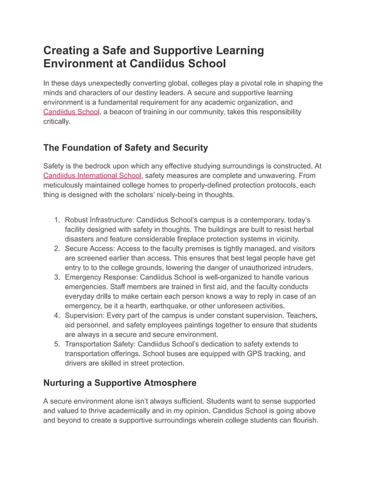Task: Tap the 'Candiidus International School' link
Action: tap(92, 176)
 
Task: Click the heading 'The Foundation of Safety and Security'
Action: tap(125, 147)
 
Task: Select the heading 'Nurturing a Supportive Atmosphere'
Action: tap(120, 382)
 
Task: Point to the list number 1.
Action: tap(57, 220)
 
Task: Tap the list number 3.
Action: tap(57, 277)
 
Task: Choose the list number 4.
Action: tap(57, 315)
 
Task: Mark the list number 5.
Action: tap(57, 344)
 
